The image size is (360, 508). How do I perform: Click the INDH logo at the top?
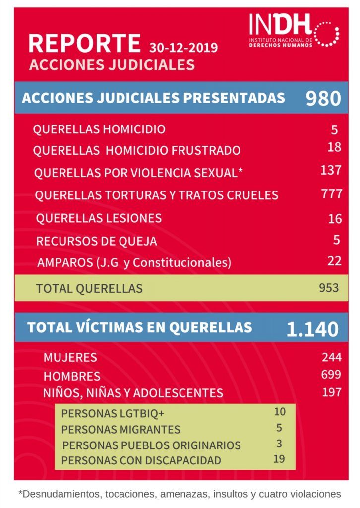tap(294, 30)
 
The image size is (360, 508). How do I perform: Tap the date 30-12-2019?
tap(183, 48)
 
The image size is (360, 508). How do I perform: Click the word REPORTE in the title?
tap(84, 43)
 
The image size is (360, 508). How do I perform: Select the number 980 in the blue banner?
tap(323, 98)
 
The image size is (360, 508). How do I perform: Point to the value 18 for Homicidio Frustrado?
tap(334, 147)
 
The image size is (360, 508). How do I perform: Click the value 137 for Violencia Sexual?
tap(331, 170)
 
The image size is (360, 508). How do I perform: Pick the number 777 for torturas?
tap(332, 194)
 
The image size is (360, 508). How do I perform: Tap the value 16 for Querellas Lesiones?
tap(335, 219)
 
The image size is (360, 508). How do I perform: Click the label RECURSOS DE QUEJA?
tap(97, 241)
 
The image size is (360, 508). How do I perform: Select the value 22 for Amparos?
tap(334, 261)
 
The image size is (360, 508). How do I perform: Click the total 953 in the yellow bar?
tap(329, 288)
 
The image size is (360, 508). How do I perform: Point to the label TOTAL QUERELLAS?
tap(89, 288)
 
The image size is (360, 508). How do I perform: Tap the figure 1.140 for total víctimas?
tap(312, 329)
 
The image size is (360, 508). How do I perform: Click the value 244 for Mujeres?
tap(332, 357)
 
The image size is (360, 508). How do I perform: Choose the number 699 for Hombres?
tap(331, 374)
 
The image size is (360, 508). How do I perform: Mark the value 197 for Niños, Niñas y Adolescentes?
tap(332, 392)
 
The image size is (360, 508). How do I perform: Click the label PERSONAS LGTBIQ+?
tap(113, 413)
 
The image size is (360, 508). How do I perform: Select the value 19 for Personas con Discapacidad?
tap(279, 459)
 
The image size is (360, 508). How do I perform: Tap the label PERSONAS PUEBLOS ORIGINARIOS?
tap(152, 445)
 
